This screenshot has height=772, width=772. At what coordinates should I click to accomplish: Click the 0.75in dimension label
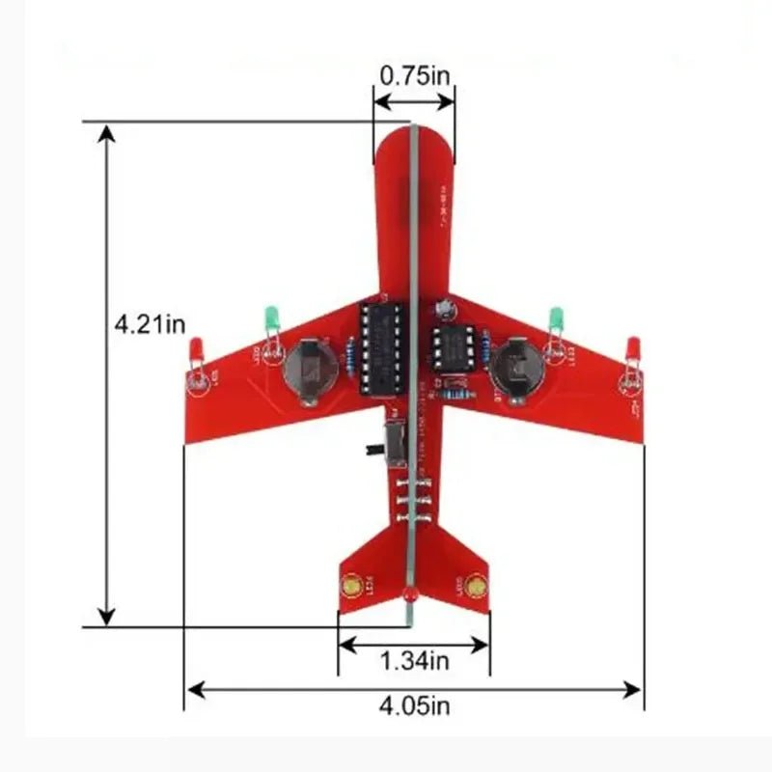tap(413, 75)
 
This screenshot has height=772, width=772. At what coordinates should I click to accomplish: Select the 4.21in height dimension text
tap(150, 324)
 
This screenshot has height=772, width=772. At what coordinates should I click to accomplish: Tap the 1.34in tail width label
tap(414, 661)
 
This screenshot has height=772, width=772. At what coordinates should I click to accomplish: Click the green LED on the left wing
tap(271, 317)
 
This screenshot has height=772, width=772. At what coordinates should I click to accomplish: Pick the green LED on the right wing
tap(556, 317)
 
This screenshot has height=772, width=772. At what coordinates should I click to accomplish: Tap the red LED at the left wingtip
tap(195, 348)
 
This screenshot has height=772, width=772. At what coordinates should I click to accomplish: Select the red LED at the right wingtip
tap(634, 346)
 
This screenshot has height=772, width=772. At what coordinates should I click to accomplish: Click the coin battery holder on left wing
tap(308, 368)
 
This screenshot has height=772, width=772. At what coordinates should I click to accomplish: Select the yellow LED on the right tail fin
tap(474, 585)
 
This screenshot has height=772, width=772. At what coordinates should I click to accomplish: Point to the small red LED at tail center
tap(409, 595)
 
